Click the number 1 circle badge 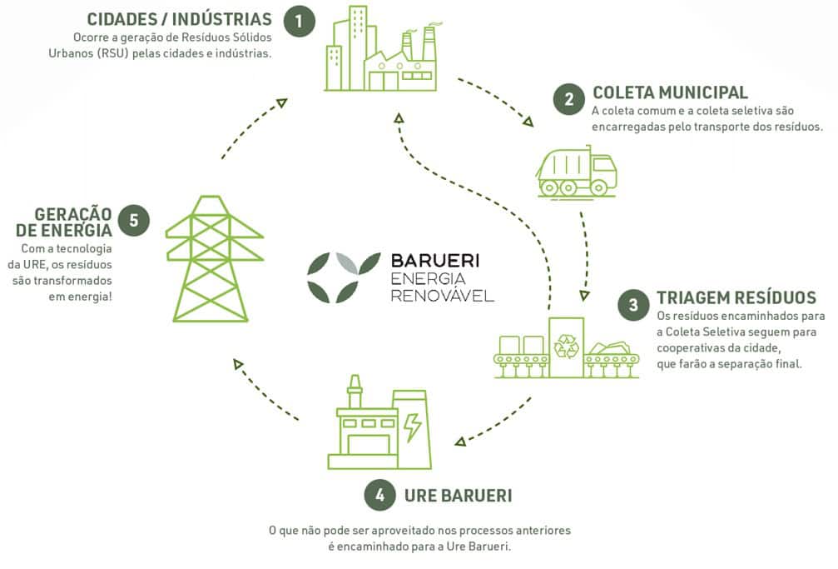[x=299, y=22]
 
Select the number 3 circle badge [x=633, y=306]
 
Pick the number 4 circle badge [x=379, y=496]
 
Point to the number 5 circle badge [x=134, y=221]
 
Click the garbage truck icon [x=577, y=172]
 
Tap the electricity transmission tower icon [x=215, y=258]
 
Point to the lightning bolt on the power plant [x=412, y=427]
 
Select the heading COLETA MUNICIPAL [x=670, y=92]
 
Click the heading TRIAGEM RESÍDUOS [x=736, y=297]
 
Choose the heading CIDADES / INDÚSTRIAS [x=179, y=18]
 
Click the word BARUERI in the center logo [x=434, y=261]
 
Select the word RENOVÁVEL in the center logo [x=442, y=295]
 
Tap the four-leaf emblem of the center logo [x=333, y=277]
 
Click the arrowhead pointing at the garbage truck [x=529, y=122]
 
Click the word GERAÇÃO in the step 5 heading [x=73, y=213]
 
